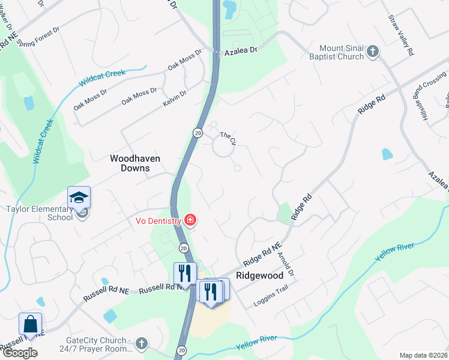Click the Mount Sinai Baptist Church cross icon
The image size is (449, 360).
pyautogui.click(x=372, y=52)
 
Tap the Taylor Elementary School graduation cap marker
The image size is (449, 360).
pyautogui.click(x=79, y=197)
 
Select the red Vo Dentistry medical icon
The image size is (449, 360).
pyautogui.click(x=190, y=221)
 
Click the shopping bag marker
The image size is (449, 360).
pyautogui.click(x=30, y=324)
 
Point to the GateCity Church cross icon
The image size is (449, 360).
pyautogui.click(x=141, y=344)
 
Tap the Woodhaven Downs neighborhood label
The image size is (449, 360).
pyautogui.click(x=130, y=163)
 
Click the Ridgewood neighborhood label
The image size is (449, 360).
pyautogui.click(x=259, y=275)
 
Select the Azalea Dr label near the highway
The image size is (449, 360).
pyautogui.click(x=241, y=51)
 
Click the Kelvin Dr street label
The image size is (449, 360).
pyautogui.click(x=175, y=98)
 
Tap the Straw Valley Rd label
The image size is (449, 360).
pyautogui.click(x=401, y=36)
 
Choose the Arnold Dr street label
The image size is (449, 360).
pyautogui.click(x=286, y=263)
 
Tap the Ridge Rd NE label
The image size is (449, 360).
pyautogui.click(x=262, y=255)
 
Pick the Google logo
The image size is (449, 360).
pyautogui.click(x=20, y=352)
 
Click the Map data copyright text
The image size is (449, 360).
pyautogui.click(x=423, y=355)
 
